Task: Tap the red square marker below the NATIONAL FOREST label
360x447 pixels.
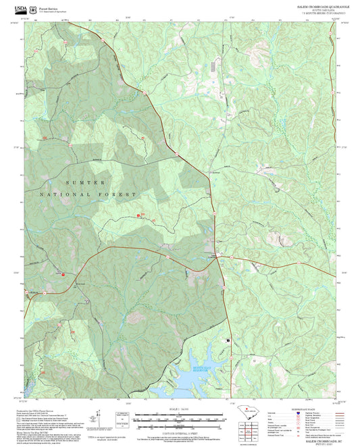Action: point(139,215)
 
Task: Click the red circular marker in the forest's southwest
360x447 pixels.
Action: point(62,275)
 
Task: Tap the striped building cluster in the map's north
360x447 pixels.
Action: point(214,65)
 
